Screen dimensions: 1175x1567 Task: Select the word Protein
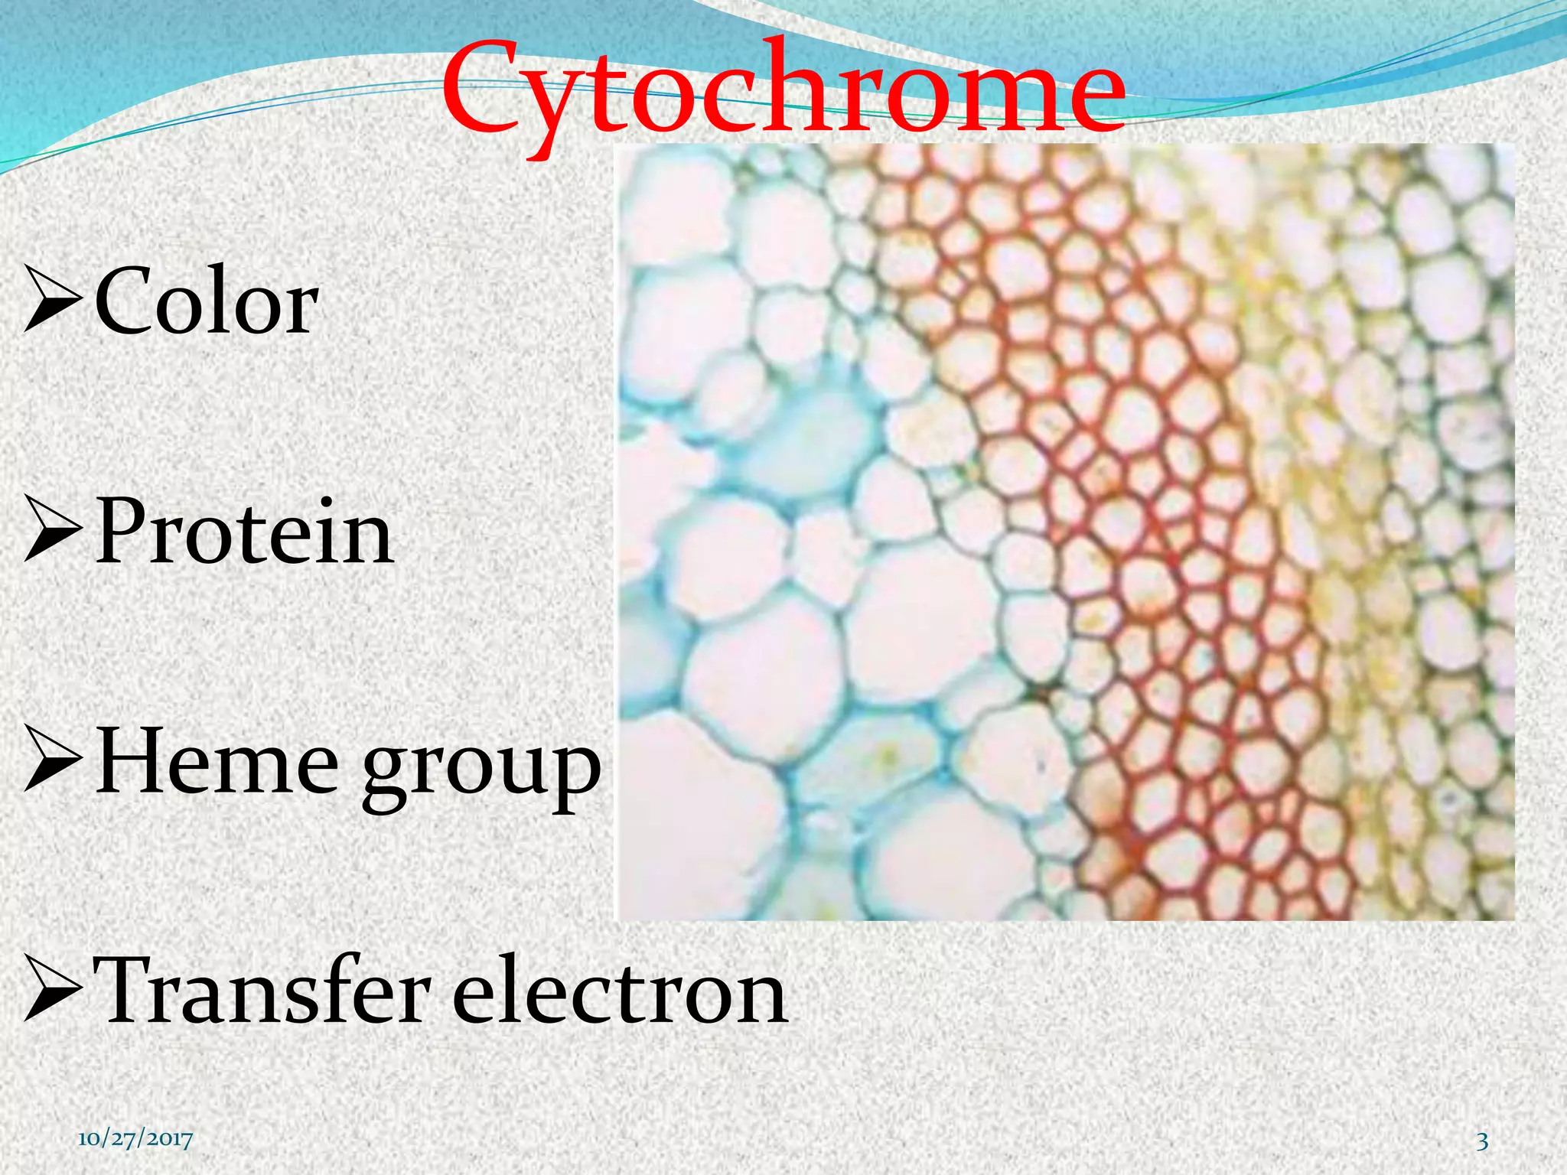[243, 531]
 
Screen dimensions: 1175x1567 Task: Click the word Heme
[217, 762]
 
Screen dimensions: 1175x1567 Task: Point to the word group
[481, 769]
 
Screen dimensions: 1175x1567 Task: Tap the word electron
[619, 993]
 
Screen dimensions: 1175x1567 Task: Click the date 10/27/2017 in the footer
[135, 1140]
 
